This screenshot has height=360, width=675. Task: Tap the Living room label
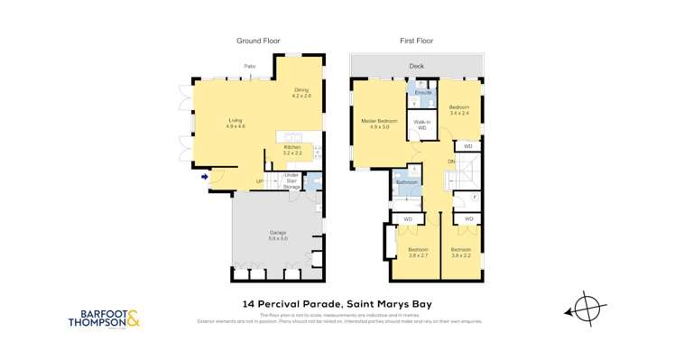236,124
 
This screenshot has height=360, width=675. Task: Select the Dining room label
301,92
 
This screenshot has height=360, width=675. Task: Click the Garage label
277,235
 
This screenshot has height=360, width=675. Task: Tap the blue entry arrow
205,176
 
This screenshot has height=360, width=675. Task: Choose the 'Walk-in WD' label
421,125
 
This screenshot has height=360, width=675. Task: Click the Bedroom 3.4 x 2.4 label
459,111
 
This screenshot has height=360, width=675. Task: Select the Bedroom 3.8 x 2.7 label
417,251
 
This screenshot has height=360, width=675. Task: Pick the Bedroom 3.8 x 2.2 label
460,251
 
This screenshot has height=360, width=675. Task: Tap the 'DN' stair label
450,162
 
